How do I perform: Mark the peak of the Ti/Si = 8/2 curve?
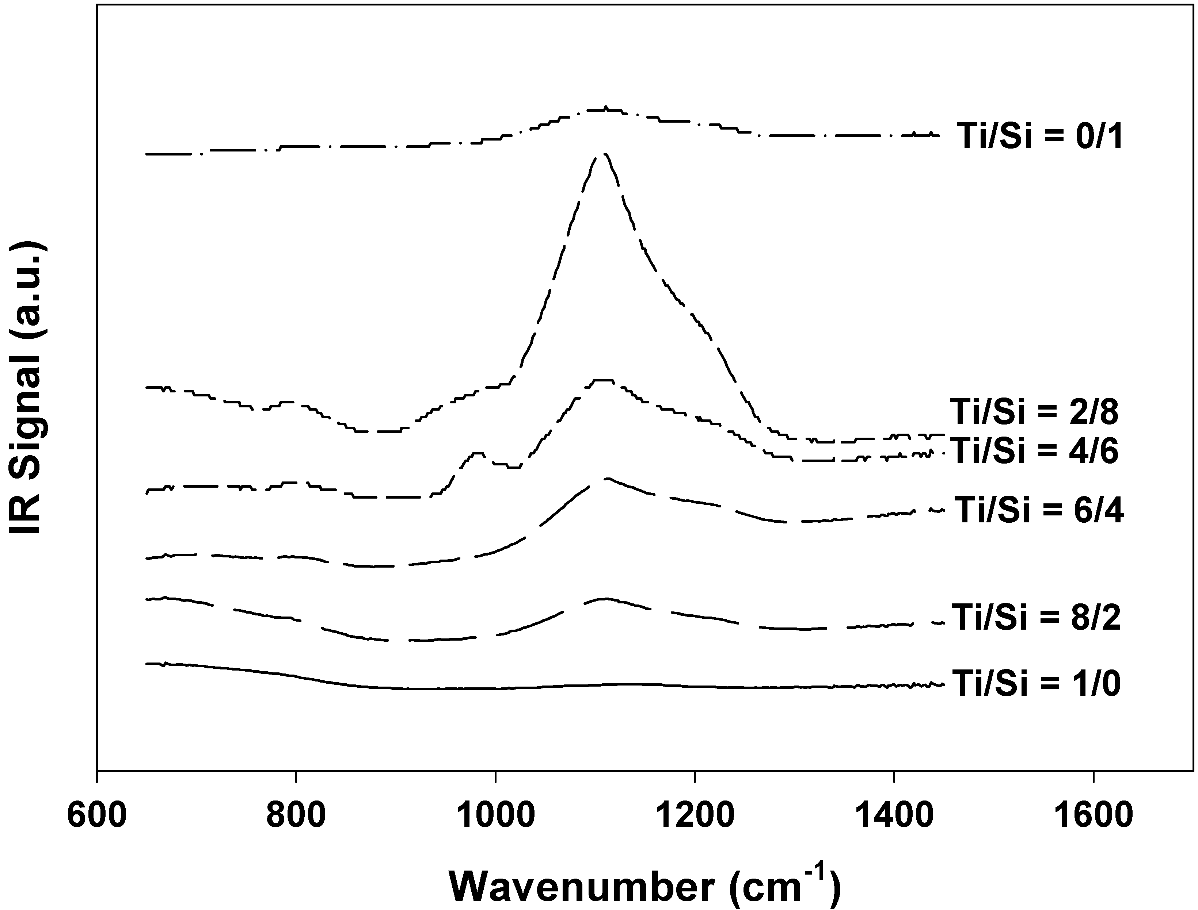pyautogui.click(x=604, y=599)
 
